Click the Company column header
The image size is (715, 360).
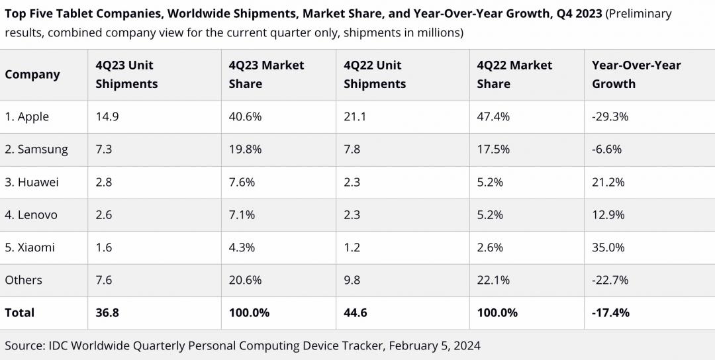[x=32, y=75]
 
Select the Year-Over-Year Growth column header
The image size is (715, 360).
[x=636, y=75]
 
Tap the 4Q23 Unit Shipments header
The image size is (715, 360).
[x=126, y=75]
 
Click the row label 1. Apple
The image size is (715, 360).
[x=27, y=116]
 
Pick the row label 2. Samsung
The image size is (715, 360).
[x=36, y=149]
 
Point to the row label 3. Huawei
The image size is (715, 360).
[x=32, y=182]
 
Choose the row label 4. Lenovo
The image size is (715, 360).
[x=31, y=214]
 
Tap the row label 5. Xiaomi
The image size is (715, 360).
[x=30, y=247]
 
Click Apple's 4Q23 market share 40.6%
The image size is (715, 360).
[x=245, y=116]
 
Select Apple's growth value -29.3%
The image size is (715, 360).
[x=610, y=116]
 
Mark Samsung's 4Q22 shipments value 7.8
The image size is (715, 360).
[x=352, y=149]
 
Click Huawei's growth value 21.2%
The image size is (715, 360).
[x=608, y=182]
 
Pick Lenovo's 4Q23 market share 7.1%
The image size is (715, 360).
[x=242, y=214]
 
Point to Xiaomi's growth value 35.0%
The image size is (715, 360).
[x=608, y=247]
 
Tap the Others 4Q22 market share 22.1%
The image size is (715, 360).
[x=493, y=280]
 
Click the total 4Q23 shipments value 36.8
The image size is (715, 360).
[x=107, y=312]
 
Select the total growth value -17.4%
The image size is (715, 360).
[x=611, y=312]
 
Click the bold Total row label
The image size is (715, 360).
[x=20, y=312]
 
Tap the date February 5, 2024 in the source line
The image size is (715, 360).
[x=434, y=345]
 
